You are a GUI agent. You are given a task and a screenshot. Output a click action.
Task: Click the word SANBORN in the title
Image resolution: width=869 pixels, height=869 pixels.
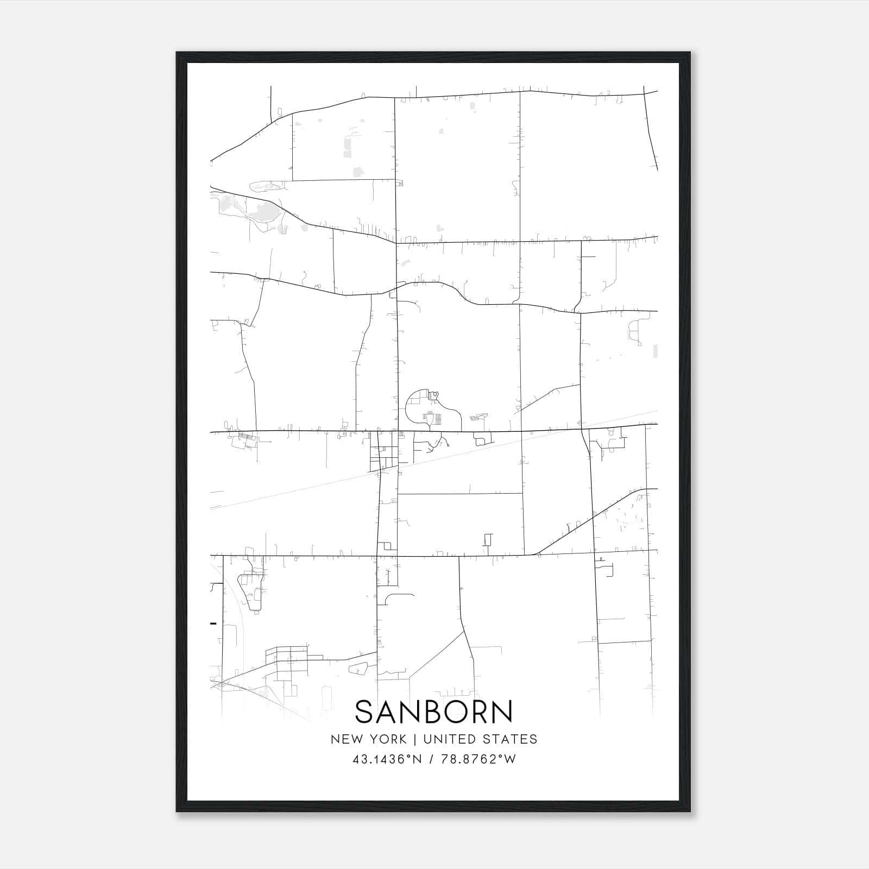click(x=434, y=712)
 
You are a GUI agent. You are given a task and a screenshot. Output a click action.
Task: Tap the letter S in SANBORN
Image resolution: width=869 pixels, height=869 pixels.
click(x=365, y=712)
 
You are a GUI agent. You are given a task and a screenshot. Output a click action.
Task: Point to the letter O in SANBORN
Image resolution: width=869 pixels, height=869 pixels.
click(x=457, y=712)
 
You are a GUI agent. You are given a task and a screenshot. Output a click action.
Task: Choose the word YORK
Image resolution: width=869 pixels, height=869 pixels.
click(x=388, y=739)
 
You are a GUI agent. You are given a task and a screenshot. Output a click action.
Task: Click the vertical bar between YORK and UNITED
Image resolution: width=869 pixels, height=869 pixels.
click(x=415, y=739)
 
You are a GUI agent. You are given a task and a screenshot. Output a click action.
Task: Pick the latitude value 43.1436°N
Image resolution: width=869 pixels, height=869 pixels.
click(x=387, y=759)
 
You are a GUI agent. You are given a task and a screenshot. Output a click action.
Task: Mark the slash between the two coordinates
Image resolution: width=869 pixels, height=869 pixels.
click(x=431, y=759)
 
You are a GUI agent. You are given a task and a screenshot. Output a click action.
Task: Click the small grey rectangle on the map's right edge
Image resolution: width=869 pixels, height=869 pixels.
click(x=655, y=351)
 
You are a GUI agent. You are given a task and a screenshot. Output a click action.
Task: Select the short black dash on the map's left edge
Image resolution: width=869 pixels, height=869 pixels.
click(x=213, y=623)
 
